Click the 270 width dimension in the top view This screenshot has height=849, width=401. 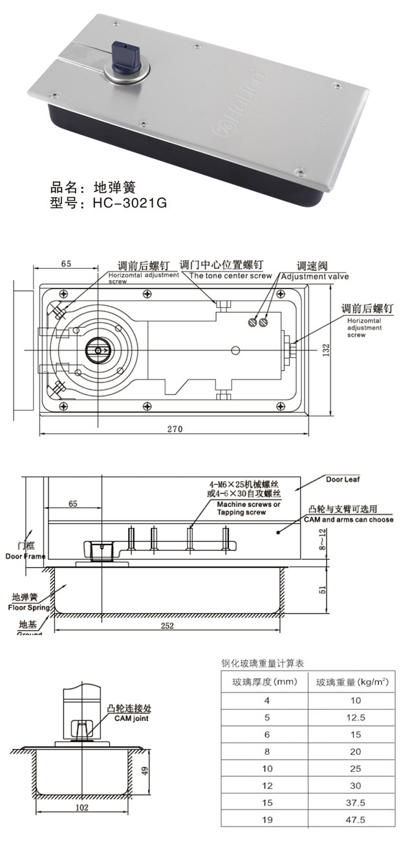tap(175, 429)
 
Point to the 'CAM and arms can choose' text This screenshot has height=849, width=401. tap(349, 519)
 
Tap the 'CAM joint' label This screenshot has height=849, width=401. tap(123, 718)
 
